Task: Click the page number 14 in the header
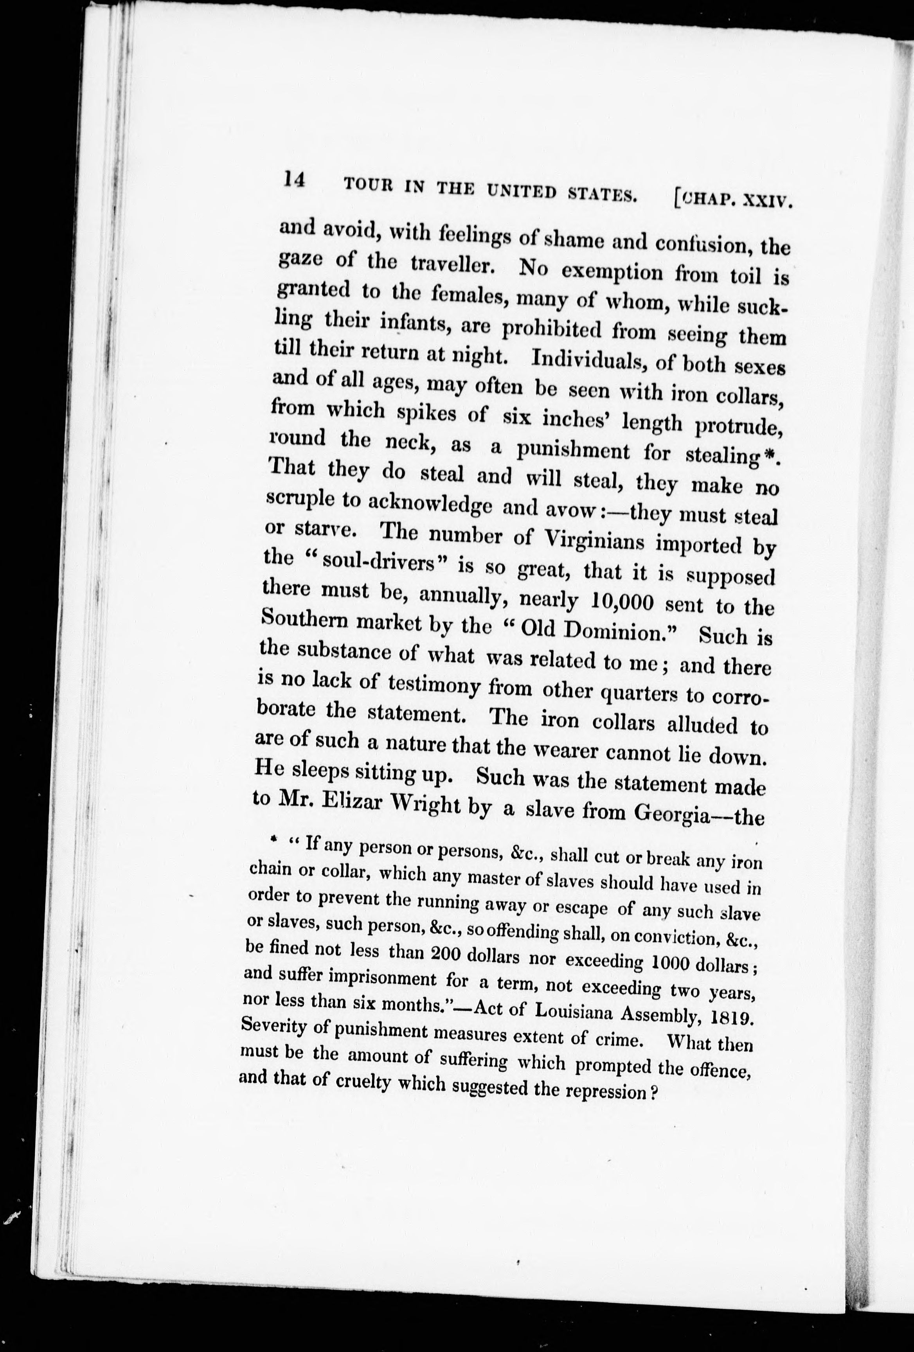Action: [x=294, y=180]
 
